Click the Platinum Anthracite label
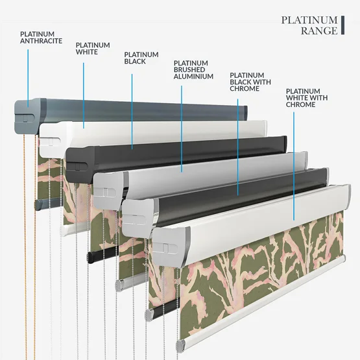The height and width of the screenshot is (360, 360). point(41,38)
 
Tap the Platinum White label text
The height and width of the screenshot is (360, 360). point(93,49)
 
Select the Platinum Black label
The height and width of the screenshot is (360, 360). point(141,58)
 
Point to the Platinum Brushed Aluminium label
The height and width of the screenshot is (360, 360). point(193,69)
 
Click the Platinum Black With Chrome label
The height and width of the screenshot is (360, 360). point(250,82)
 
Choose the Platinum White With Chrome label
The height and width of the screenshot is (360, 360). point(307,98)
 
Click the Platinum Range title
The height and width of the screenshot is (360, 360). point(309,25)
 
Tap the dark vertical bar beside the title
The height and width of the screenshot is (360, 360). point(342,25)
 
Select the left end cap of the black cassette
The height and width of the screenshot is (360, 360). point(80,163)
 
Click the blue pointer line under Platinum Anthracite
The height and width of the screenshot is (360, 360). point(28,78)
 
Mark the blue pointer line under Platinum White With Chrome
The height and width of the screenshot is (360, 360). point(294,166)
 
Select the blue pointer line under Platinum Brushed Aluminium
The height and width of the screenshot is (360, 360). point(182,129)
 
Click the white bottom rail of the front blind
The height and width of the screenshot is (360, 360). point(261,302)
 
